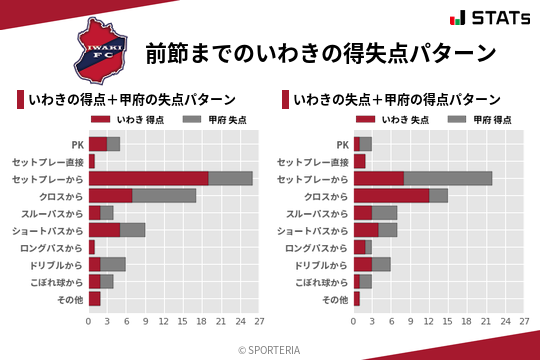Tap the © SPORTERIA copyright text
(x=270, y=350)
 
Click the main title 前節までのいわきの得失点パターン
(x=321, y=52)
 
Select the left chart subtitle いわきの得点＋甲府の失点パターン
(x=132, y=100)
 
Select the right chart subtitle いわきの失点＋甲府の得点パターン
(x=397, y=100)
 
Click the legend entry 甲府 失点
(x=209, y=120)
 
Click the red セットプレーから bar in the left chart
(x=148, y=178)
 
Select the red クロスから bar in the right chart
(x=391, y=195)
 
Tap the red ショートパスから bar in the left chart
(x=104, y=230)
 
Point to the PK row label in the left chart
(x=77, y=144)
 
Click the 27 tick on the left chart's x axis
(x=258, y=322)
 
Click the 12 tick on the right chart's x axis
(x=429, y=322)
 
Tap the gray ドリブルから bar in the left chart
(x=113, y=264)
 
